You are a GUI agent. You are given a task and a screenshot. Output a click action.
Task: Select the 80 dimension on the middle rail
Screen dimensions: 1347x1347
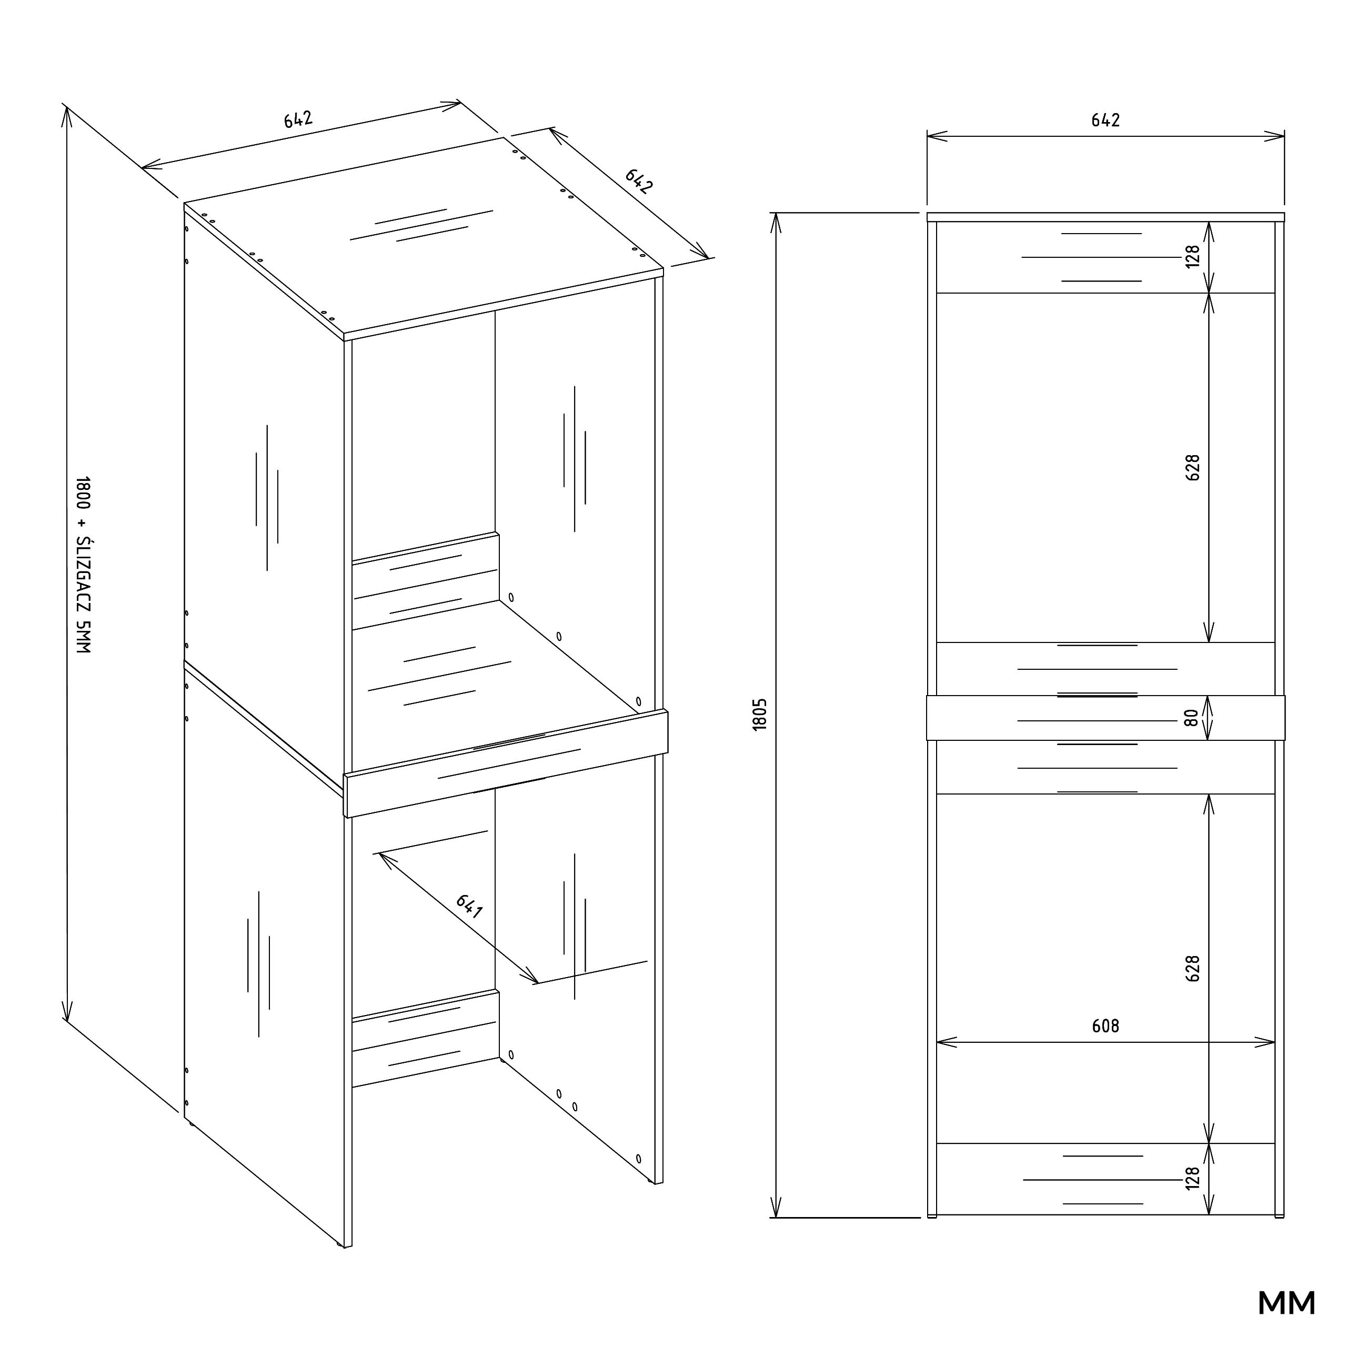(1192, 717)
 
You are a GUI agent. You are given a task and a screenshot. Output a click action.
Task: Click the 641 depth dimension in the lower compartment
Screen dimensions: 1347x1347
(469, 907)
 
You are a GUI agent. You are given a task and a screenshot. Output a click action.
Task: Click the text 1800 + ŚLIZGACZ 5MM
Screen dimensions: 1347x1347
(83, 565)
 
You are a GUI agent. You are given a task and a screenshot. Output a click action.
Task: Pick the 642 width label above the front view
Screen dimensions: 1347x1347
(1106, 120)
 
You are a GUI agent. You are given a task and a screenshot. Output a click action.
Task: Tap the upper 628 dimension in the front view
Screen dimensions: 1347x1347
(1193, 467)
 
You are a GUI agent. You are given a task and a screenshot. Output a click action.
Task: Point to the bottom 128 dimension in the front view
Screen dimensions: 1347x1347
(1193, 1178)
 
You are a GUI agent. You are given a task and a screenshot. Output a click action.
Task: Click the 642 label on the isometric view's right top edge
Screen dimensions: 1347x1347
(639, 180)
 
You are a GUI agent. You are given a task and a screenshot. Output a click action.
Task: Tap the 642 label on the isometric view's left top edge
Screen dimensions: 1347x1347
(298, 120)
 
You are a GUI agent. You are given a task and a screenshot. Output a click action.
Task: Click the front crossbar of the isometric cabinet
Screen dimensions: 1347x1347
(506, 763)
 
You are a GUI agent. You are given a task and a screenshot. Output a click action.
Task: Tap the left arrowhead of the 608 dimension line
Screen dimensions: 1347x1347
(946, 1042)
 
